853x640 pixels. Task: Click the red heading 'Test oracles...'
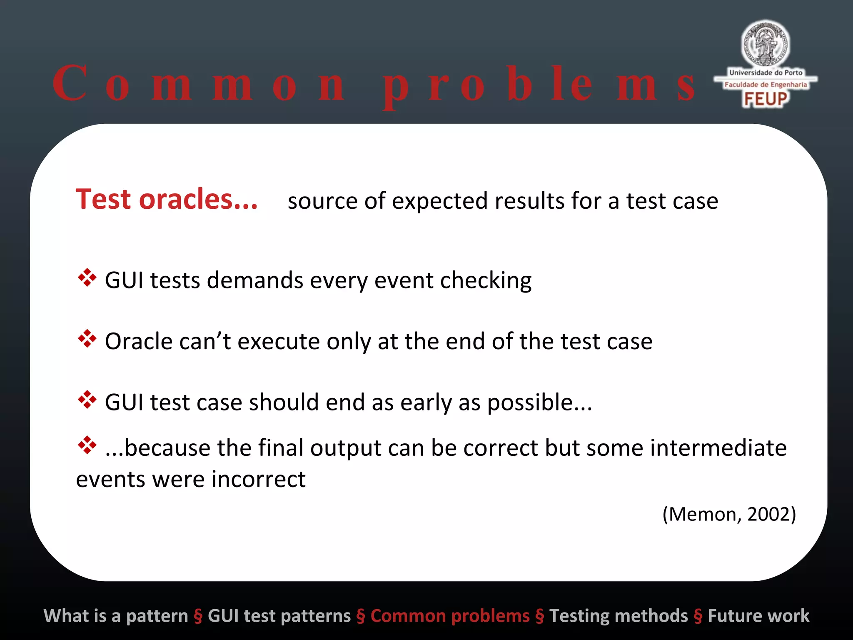coord(167,200)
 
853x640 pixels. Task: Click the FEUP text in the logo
coord(766,99)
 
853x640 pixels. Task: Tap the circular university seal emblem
coord(766,44)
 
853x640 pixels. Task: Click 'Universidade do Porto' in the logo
coord(766,72)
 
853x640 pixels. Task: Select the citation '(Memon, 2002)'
coord(729,514)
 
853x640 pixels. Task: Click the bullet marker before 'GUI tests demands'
coord(87,277)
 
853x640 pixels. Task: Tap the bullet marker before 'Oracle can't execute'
coord(87,339)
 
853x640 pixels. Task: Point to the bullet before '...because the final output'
coord(87,445)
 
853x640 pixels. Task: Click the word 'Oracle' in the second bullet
coord(138,342)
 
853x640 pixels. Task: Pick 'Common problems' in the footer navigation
coord(450,616)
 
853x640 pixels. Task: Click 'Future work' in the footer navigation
coord(758,616)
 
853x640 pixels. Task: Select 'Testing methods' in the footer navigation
coord(619,616)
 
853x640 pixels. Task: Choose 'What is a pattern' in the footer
coord(116,616)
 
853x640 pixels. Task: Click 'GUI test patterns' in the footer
coord(279,616)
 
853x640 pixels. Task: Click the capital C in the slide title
coord(70,83)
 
